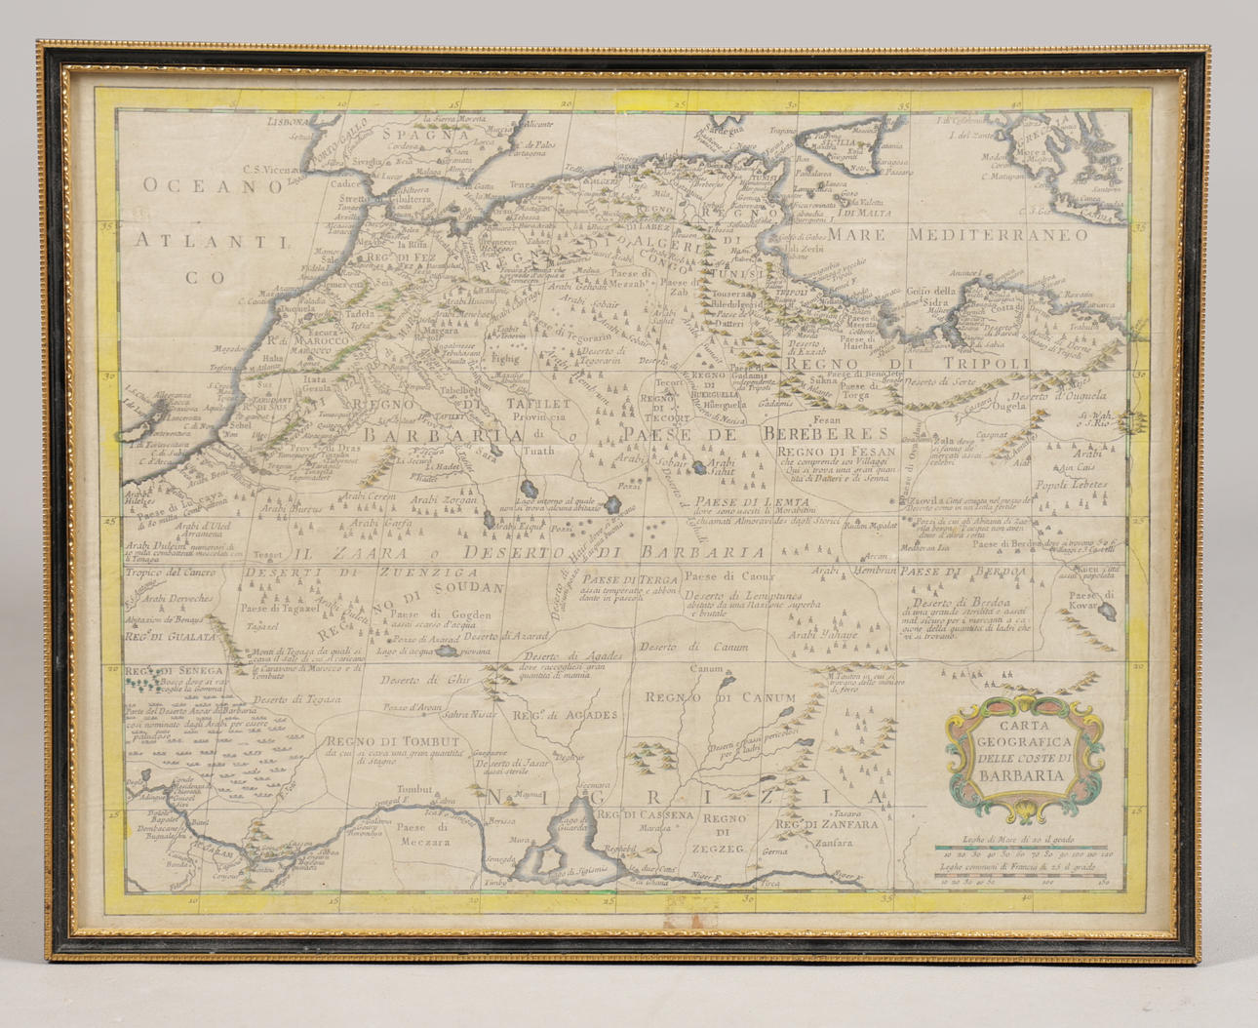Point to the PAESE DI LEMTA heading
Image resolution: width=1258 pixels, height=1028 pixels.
point(731,503)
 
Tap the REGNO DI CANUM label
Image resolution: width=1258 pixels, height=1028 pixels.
point(720,697)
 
